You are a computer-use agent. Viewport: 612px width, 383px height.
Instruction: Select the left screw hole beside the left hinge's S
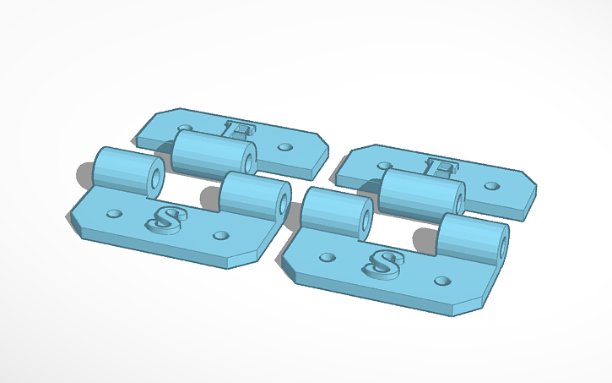tap(115, 213)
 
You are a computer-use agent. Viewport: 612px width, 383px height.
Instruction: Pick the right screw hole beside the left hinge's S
tap(221, 235)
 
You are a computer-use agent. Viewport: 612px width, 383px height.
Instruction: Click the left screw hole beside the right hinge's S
tap(325, 255)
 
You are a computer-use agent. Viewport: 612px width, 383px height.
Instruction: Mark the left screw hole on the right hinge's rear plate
tap(386, 166)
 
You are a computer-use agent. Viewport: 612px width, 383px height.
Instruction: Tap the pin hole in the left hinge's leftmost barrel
tap(156, 178)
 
